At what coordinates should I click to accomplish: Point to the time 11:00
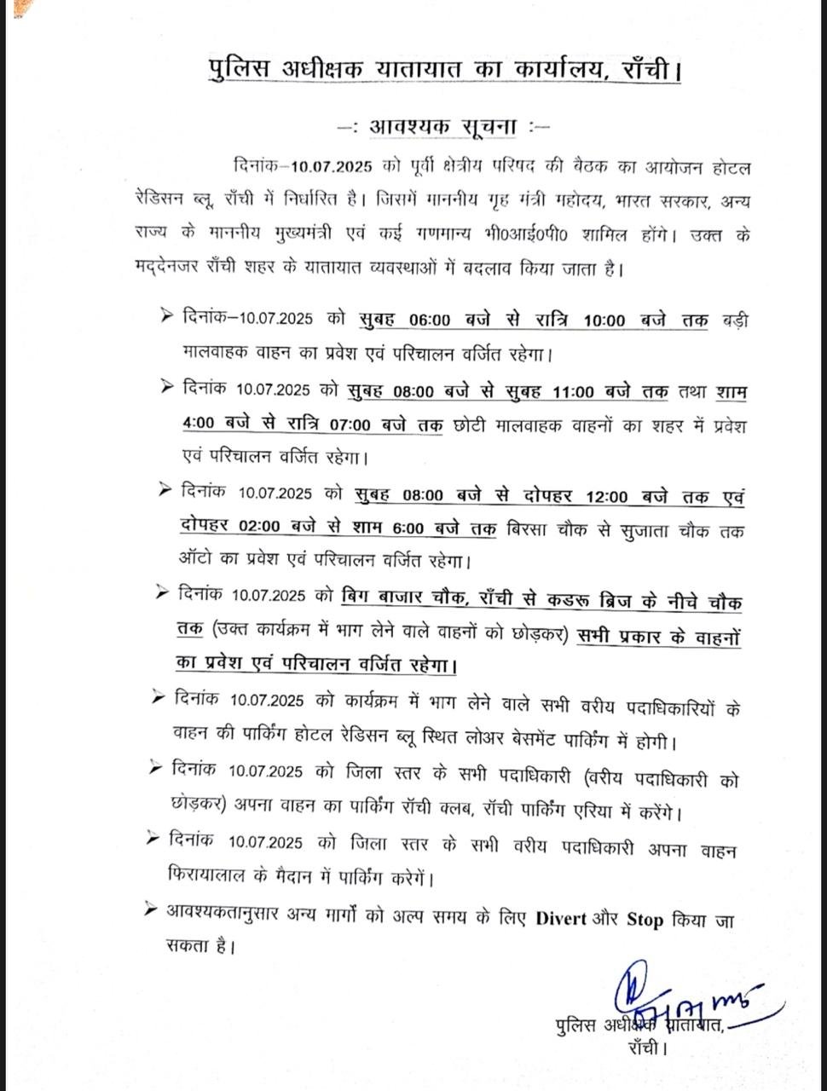click(x=573, y=393)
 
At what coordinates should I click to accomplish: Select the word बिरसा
click(x=531, y=530)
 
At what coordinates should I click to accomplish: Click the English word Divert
click(x=561, y=919)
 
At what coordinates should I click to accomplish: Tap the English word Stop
click(x=645, y=919)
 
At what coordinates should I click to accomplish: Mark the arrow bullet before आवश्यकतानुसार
click(x=154, y=912)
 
